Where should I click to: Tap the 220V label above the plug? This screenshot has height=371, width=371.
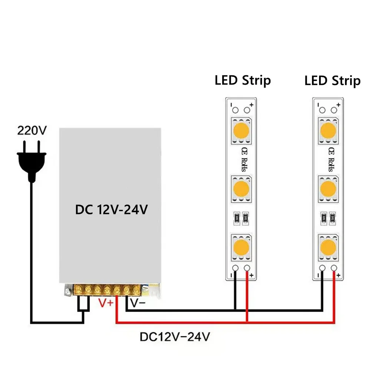32,131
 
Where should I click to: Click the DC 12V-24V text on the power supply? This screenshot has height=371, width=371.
112,210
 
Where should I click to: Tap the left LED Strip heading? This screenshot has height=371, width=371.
243,80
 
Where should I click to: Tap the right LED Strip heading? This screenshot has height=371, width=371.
332,80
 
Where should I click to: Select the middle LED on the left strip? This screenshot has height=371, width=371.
242,188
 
